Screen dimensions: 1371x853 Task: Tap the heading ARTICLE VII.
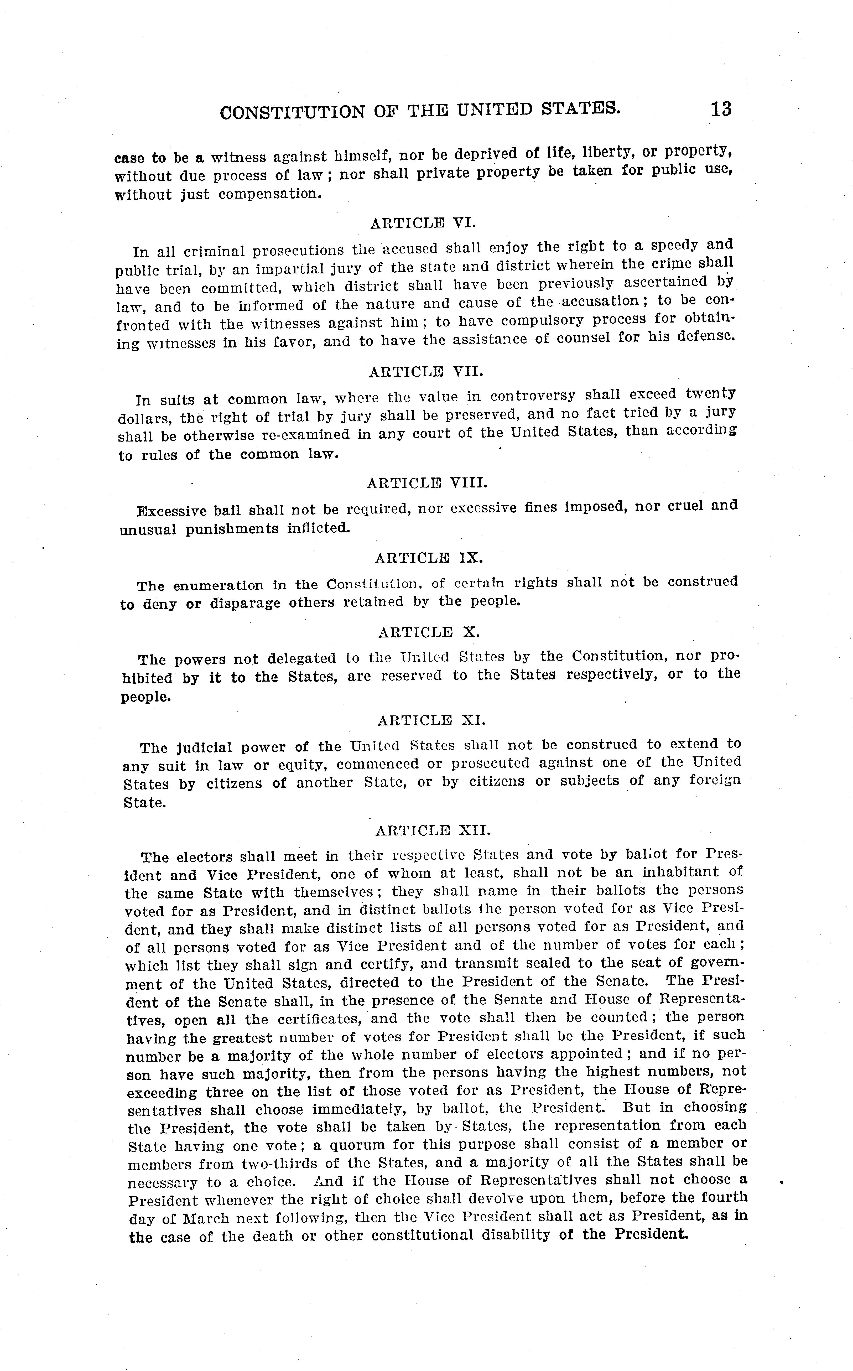(x=426, y=372)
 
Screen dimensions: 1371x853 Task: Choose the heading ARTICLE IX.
(x=429, y=558)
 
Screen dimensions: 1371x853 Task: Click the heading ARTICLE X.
(x=429, y=632)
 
